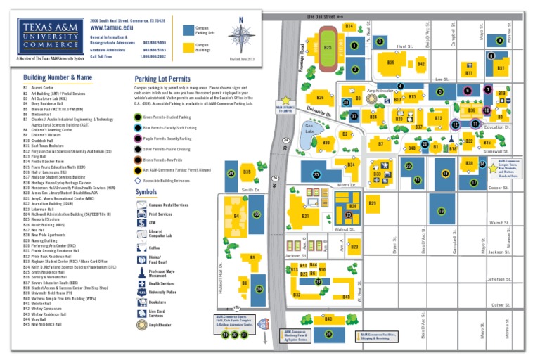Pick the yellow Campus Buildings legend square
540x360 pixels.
pyautogui.click(x=188, y=49)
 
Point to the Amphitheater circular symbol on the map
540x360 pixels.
pyautogui.click(x=400, y=86)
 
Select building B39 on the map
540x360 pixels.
pyautogui.click(x=391, y=63)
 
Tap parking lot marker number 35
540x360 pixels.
pyautogui.click(x=316, y=174)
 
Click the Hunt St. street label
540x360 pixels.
pyautogui.click(x=404, y=46)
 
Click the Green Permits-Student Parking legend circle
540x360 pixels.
pyautogui.click(x=139, y=117)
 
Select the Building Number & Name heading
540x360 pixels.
pyautogui.click(x=58, y=77)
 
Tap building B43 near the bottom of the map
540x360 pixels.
pyautogui.click(x=328, y=319)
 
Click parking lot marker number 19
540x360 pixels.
pyautogui.click(x=442, y=211)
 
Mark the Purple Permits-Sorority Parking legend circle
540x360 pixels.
pyautogui.click(x=139, y=139)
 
